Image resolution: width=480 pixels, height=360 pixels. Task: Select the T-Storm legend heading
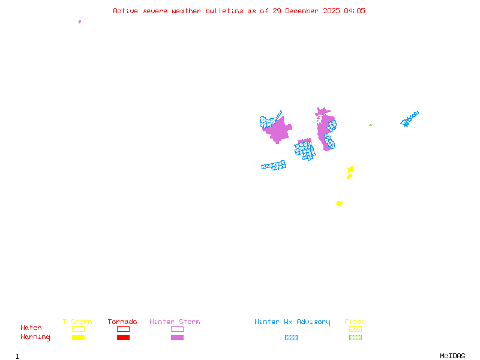77,322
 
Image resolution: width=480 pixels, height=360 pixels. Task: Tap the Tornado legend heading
122,322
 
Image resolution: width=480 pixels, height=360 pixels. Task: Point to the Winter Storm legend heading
175,322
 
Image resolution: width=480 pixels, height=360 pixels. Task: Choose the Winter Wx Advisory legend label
292,322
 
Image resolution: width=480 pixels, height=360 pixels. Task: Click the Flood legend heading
355,322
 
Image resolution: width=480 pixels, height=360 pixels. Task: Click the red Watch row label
31,328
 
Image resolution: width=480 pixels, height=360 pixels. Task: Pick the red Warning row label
35,337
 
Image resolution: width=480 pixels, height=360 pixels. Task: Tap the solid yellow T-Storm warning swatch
78,338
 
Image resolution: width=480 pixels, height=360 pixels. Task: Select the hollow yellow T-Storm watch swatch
78,329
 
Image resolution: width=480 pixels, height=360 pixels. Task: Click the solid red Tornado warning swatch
123,338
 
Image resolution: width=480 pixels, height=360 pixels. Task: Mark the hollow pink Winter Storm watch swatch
177,329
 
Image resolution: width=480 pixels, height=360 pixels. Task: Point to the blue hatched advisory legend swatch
291,338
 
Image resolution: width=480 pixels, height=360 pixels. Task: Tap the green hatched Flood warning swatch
355,338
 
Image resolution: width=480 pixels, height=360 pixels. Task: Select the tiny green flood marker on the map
370,125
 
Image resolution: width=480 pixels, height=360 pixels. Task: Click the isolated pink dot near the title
80,22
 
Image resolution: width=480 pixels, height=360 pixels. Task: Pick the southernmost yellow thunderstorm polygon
339,203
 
